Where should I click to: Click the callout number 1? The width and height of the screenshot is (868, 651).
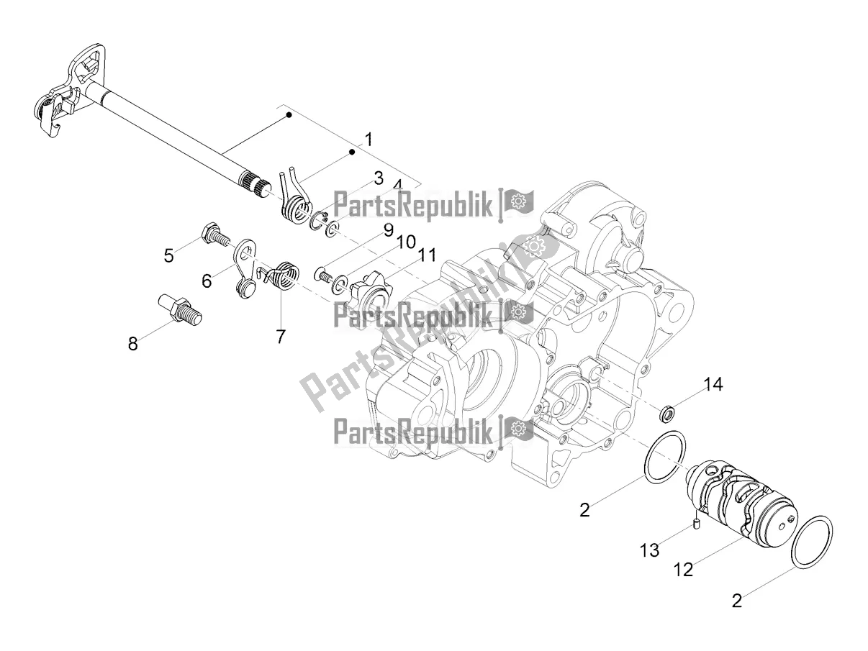368,139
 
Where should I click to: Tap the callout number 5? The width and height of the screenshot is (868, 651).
168,255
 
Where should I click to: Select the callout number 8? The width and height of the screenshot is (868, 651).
132,343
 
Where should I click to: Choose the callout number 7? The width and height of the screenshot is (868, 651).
280,335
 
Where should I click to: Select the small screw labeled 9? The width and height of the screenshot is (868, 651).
322,273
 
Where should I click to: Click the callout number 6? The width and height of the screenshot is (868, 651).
207,281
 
